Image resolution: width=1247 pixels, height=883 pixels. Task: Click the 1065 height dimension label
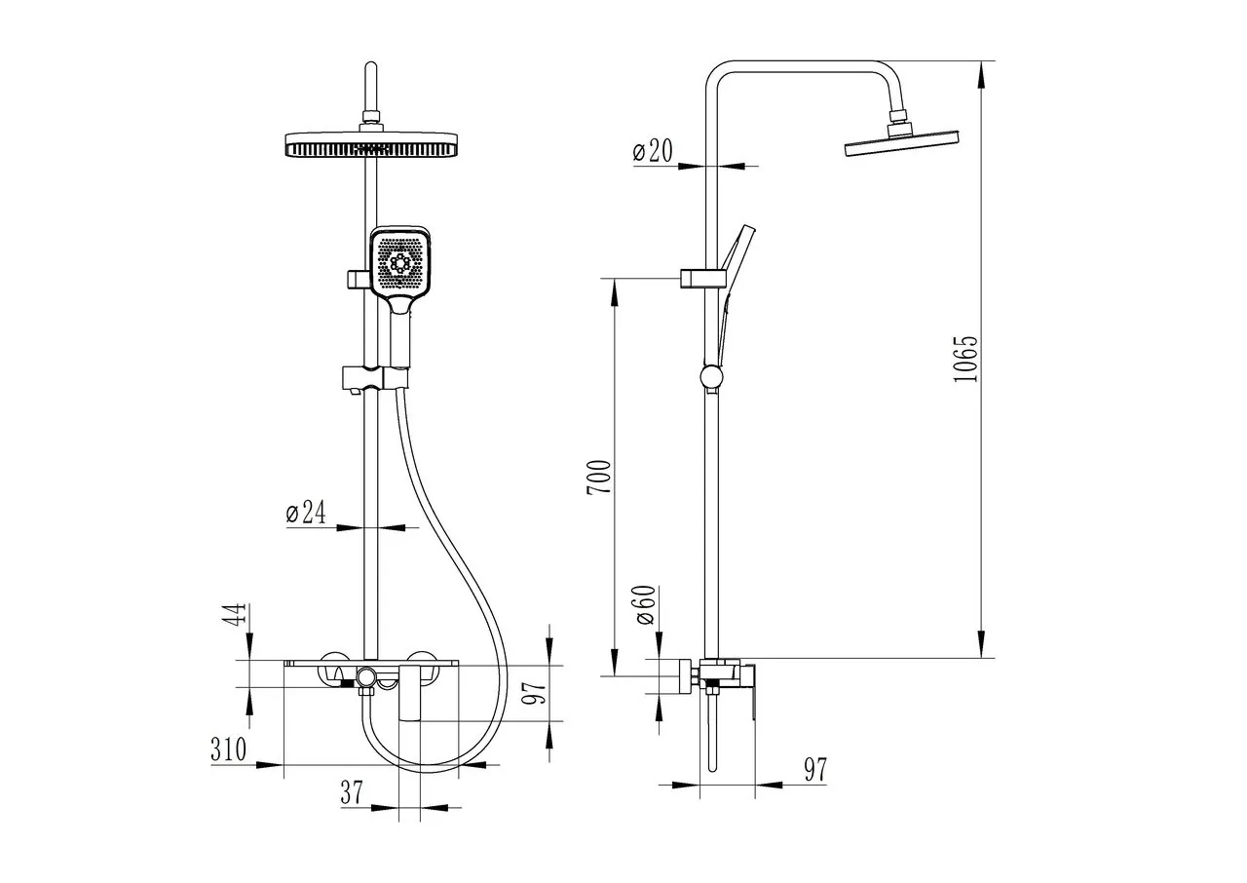click(964, 359)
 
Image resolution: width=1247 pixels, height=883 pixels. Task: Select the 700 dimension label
click(599, 478)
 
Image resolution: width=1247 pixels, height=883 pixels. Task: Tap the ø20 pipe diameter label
click(653, 150)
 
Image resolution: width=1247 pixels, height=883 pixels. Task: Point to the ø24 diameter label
click(306, 513)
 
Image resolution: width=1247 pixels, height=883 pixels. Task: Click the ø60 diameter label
click(645, 605)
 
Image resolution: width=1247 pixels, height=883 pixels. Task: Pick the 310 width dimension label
click(228, 749)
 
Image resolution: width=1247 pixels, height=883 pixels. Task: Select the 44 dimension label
click(236, 615)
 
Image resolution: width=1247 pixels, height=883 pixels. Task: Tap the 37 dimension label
click(352, 792)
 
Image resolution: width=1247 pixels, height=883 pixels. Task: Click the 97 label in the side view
click(815, 770)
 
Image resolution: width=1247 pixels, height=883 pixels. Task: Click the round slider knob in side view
click(711, 377)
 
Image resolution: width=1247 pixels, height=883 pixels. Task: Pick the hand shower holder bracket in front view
click(374, 377)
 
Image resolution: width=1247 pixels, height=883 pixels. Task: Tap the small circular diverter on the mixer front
click(365, 677)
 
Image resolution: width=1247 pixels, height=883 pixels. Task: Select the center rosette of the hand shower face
click(399, 262)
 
